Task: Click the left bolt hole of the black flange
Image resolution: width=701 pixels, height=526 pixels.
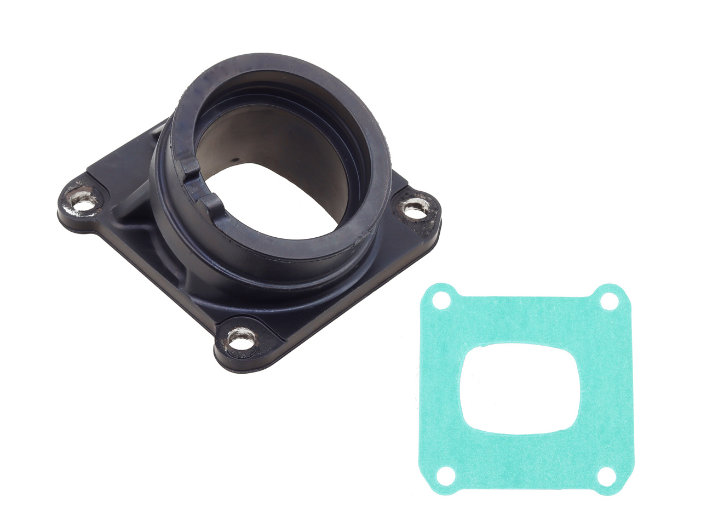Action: [x=83, y=204]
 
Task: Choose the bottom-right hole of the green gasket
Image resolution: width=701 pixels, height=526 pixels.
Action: [x=604, y=476]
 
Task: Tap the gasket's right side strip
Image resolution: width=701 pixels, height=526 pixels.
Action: [x=611, y=386]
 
